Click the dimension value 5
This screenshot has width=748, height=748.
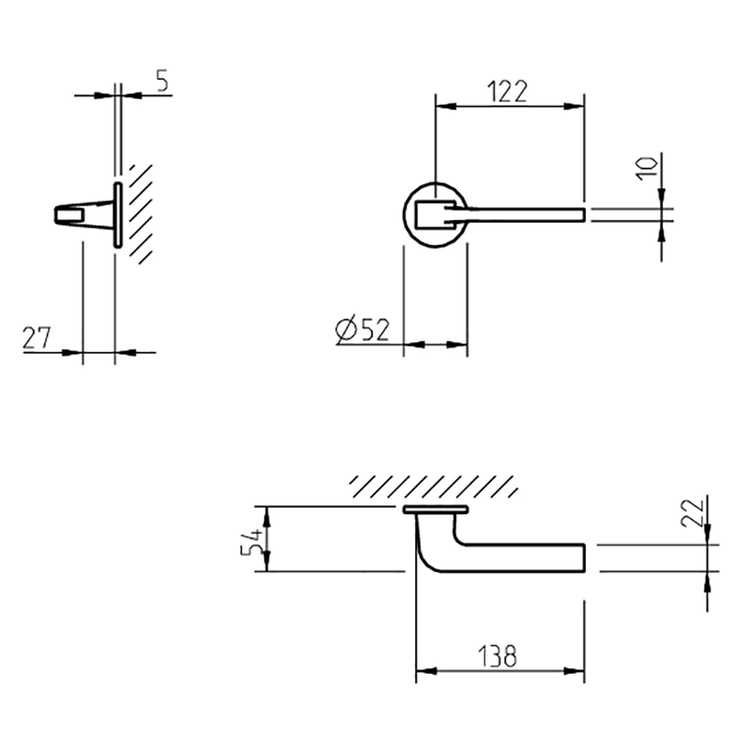(162, 81)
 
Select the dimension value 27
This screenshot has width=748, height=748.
(36, 338)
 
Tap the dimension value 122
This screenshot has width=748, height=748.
(507, 91)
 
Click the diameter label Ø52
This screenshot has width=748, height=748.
(364, 331)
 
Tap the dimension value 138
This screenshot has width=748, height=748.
(496, 657)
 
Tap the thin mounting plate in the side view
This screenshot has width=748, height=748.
(117, 214)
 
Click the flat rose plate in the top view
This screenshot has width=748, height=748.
(435, 509)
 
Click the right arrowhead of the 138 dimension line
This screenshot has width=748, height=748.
(577, 671)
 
